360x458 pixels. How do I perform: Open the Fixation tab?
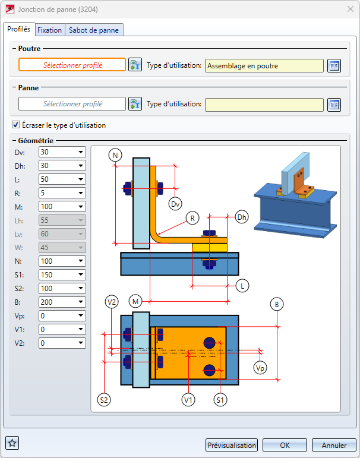pyautogui.click(x=50, y=30)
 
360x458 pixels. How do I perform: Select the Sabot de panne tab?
pyautogui.click(x=94, y=30)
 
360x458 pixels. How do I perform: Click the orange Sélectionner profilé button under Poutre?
pyautogui.click(x=72, y=65)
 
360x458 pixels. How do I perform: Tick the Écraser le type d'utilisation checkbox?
pyautogui.click(x=16, y=125)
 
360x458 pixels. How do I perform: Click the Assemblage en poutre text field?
pyautogui.click(x=264, y=66)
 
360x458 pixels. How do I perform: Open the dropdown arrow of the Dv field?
pyautogui.click(x=81, y=152)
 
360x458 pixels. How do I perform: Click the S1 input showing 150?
pyautogui.click(x=62, y=275)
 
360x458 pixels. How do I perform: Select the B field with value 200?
pyautogui.click(x=62, y=302)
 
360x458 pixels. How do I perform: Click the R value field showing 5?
pyautogui.click(x=62, y=193)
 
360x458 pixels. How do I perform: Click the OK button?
pyautogui.click(x=285, y=445)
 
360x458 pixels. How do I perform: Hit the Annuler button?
pyautogui.click(x=334, y=445)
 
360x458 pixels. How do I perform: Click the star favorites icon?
pyautogui.click(x=12, y=443)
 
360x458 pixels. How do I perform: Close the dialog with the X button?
pyautogui.click(x=350, y=9)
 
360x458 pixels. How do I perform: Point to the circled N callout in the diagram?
pyautogui.click(x=115, y=156)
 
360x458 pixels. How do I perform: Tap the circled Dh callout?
pyautogui.click(x=242, y=217)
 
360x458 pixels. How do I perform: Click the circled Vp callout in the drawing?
pyautogui.click(x=260, y=368)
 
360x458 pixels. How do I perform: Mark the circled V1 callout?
pyautogui.click(x=188, y=400)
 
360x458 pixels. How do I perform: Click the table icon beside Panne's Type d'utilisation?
pyautogui.click(x=334, y=105)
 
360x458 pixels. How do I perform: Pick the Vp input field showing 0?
pyautogui.click(x=62, y=316)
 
